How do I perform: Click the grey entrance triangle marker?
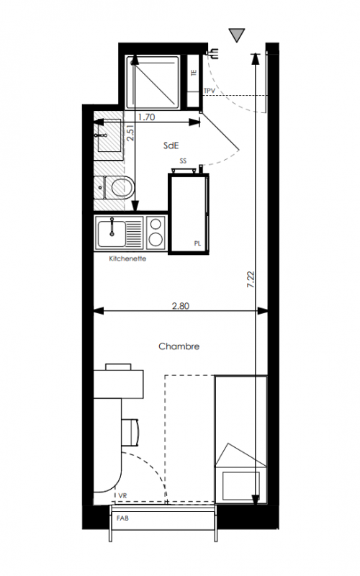pos(237,35)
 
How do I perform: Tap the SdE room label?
pos(171,145)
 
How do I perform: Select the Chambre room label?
pos(179,346)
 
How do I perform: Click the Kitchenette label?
pos(127,258)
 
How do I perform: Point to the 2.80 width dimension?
pos(181,305)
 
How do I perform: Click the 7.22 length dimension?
pos(251,279)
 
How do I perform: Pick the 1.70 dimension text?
pos(146,117)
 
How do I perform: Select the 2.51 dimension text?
pos(130,133)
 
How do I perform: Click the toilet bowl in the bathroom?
pos(122,187)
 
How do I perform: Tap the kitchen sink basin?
pos(112,233)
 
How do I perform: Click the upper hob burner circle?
pos(156,224)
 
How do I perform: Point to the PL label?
pos(197,243)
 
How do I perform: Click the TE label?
pos(194,73)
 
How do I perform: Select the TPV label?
pos(210,91)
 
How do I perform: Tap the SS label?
pos(183,161)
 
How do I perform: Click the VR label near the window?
pos(122,495)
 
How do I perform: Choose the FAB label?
pos(122,518)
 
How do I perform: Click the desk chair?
pos(131,432)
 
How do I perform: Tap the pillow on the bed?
pos(241,485)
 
